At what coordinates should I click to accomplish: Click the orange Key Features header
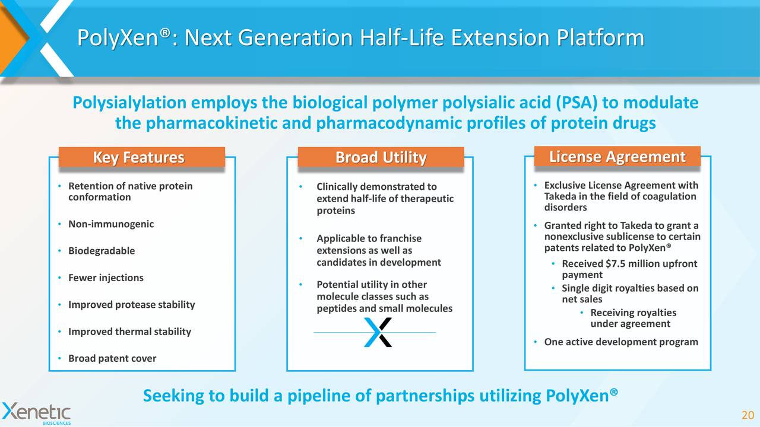click(x=141, y=158)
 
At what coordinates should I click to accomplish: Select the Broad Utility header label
click(x=381, y=158)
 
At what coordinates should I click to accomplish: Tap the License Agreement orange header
click(x=617, y=157)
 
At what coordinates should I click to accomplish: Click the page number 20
click(x=748, y=415)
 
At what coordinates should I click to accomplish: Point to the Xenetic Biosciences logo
click(x=36, y=413)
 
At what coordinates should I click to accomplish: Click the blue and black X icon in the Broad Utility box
click(x=378, y=332)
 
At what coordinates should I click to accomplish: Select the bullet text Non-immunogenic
click(x=111, y=224)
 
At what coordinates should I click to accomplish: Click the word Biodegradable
click(x=102, y=251)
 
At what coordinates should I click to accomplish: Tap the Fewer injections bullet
click(x=106, y=278)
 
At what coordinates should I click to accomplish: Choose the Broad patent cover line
click(x=112, y=358)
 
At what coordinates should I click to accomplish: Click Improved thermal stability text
click(x=129, y=332)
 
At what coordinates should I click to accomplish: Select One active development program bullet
click(x=620, y=342)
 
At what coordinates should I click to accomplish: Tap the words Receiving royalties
click(x=633, y=313)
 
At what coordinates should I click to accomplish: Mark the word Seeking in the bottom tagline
click(x=170, y=396)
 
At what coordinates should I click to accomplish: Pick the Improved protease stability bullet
click(x=131, y=305)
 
